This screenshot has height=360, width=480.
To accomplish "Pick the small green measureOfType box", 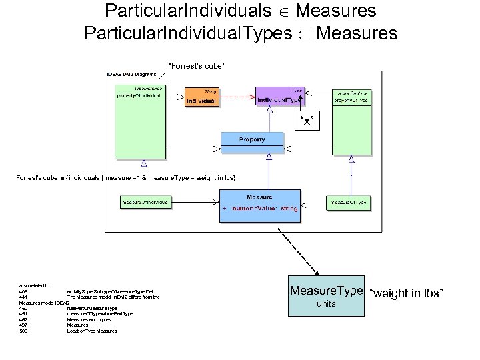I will [x=347, y=201].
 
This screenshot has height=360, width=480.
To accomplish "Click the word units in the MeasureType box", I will [x=327, y=304].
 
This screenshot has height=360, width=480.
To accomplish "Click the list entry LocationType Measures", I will [x=91, y=331].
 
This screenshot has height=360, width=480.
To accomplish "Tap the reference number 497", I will [x=23, y=325].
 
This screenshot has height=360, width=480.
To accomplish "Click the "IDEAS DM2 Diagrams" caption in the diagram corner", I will [x=132, y=74].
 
